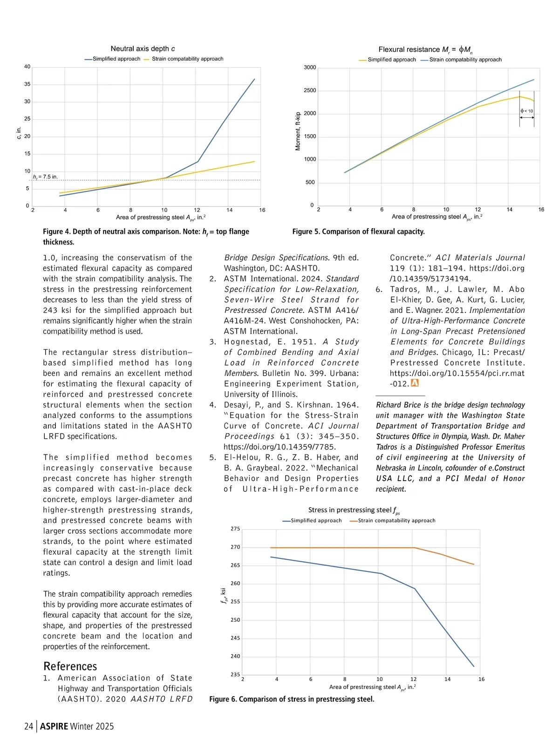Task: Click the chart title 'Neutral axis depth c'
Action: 143,48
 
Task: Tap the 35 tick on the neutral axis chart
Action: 27,84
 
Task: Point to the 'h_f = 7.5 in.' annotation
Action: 45,177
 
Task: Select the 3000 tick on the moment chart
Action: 310,68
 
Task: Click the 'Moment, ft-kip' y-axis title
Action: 298,131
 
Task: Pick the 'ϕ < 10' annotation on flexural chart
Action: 527,111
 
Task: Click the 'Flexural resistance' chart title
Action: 425,49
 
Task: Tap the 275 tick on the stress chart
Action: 235,529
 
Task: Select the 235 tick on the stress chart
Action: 235,674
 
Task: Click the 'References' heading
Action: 70,666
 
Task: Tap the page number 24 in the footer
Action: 29,726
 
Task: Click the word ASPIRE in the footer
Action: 54,726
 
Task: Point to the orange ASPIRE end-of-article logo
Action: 415,383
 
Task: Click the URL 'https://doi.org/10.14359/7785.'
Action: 279,447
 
